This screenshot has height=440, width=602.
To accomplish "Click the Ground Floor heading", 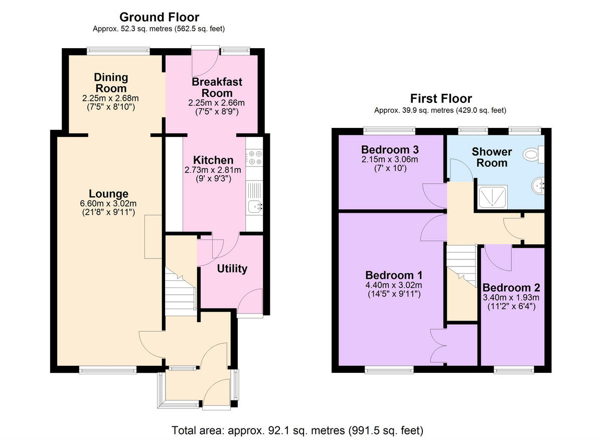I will click(x=160, y=18).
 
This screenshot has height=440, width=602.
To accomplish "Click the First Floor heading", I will click(x=440, y=98).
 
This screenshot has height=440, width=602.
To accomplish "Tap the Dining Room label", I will click(x=111, y=83).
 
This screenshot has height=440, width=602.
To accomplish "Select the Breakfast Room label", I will click(x=217, y=87).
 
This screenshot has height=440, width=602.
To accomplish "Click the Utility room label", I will click(x=232, y=268).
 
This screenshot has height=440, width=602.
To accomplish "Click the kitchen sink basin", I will click(x=255, y=205).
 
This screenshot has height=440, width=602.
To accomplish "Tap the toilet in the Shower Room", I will click(x=533, y=155).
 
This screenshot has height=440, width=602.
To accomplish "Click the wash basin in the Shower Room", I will click(x=538, y=187).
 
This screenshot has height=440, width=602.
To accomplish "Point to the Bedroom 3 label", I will click(x=390, y=150).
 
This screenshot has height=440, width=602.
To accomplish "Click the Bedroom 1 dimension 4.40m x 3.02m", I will click(x=393, y=285).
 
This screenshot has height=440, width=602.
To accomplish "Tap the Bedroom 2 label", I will click(x=511, y=287).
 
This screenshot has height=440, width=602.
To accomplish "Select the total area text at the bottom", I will click(x=297, y=430).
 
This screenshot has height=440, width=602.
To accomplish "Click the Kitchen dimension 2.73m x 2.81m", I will click(x=213, y=170).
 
